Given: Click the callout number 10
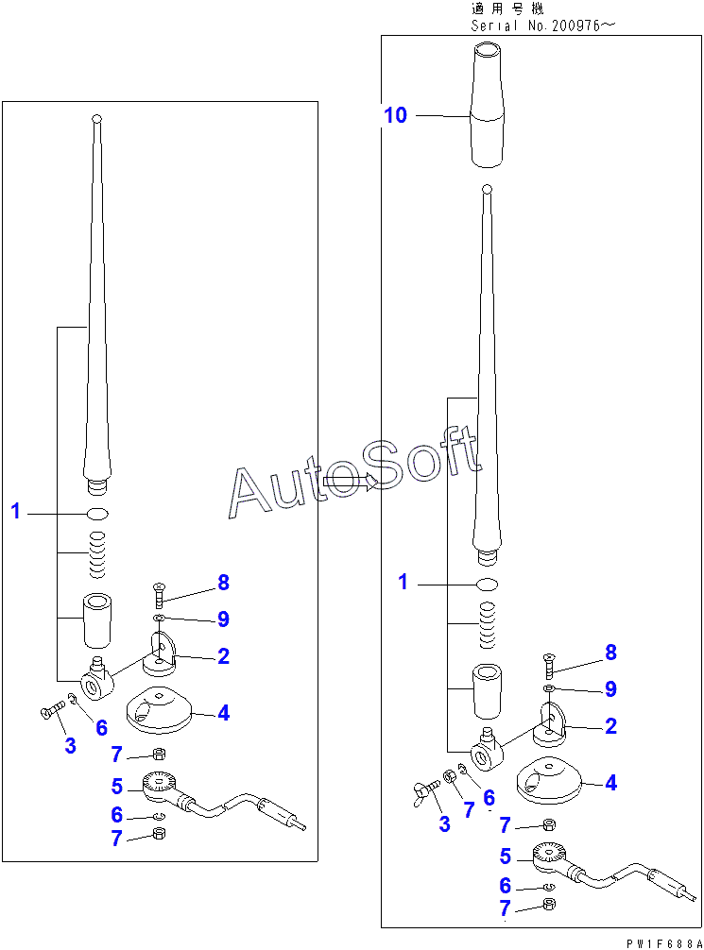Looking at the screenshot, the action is [395, 115].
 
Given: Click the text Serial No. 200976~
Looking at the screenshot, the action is [541, 25].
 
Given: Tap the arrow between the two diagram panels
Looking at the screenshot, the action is [348, 482].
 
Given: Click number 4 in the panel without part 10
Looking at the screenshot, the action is [223, 713].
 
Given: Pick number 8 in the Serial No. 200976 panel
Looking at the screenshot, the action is [610, 652].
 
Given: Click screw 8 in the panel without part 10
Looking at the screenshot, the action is [158, 596].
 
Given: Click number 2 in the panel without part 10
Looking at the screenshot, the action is [223, 656].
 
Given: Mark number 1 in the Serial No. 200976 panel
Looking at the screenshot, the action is [403, 583].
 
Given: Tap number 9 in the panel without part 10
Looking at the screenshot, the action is [223, 619].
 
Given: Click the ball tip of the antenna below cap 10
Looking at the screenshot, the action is [485, 190].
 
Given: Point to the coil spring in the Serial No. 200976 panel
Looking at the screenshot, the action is [486, 627].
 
